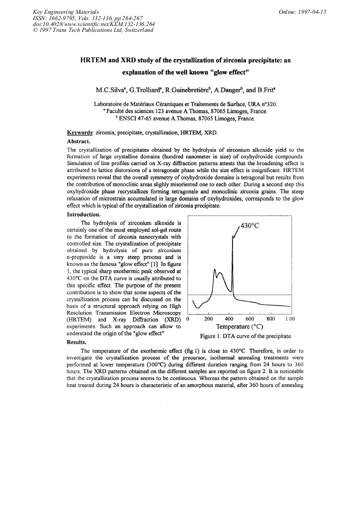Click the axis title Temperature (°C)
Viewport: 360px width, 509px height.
point(239,327)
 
